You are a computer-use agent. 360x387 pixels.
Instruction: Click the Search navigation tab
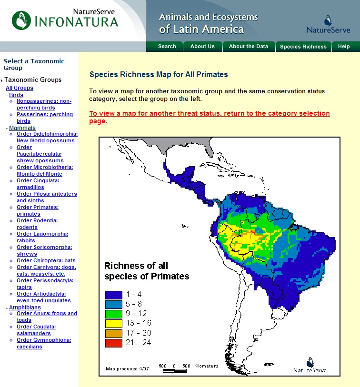pyautogui.click(x=167, y=47)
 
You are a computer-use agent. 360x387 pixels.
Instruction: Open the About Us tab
pyautogui.click(x=202, y=47)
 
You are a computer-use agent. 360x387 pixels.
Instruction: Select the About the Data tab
pyautogui.click(x=248, y=47)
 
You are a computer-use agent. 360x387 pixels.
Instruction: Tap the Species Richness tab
pyautogui.click(x=303, y=47)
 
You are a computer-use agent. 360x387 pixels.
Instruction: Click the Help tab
pyautogui.click(x=344, y=47)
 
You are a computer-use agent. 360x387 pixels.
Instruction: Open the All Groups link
pyautogui.click(x=20, y=88)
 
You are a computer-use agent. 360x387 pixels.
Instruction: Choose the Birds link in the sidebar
pyautogui.click(x=16, y=95)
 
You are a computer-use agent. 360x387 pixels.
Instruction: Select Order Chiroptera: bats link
pyautogui.click(x=46, y=260)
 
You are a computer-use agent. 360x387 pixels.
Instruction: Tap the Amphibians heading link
pyautogui.click(x=25, y=308)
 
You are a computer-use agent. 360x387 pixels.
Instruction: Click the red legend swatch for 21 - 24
pyautogui.click(x=114, y=342)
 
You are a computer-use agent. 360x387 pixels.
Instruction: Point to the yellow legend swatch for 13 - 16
pyautogui.click(x=114, y=323)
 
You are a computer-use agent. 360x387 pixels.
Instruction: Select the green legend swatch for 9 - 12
pyautogui.click(x=114, y=313)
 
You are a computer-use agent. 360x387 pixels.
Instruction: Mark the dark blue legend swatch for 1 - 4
pyautogui.click(x=114, y=294)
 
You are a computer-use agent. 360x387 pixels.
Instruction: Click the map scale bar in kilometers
pyautogui.click(x=175, y=369)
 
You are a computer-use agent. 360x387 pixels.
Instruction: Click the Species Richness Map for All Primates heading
pyautogui.click(x=159, y=75)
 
